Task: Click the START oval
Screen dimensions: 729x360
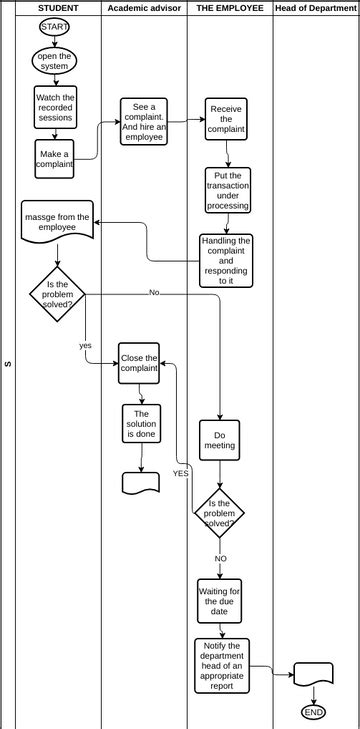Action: (x=55, y=26)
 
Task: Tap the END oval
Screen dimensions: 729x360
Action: (x=313, y=712)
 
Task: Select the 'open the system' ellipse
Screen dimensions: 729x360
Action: (x=54, y=62)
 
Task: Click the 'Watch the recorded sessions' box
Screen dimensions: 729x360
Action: (x=55, y=107)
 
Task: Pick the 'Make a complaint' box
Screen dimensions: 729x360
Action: (x=54, y=159)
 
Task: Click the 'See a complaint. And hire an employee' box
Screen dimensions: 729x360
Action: (x=144, y=122)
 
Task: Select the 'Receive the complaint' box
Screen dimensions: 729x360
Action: (x=226, y=119)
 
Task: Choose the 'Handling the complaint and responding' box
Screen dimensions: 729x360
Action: (x=226, y=260)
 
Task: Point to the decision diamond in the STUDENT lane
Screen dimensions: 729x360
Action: (x=57, y=294)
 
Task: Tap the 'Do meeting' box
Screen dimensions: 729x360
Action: (x=219, y=440)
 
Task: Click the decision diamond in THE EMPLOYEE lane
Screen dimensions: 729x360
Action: (x=219, y=512)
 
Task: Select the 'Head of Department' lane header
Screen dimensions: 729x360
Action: (x=315, y=8)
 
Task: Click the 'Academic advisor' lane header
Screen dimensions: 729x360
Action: (x=143, y=8)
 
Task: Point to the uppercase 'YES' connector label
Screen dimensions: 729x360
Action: (x=181, y=472)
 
